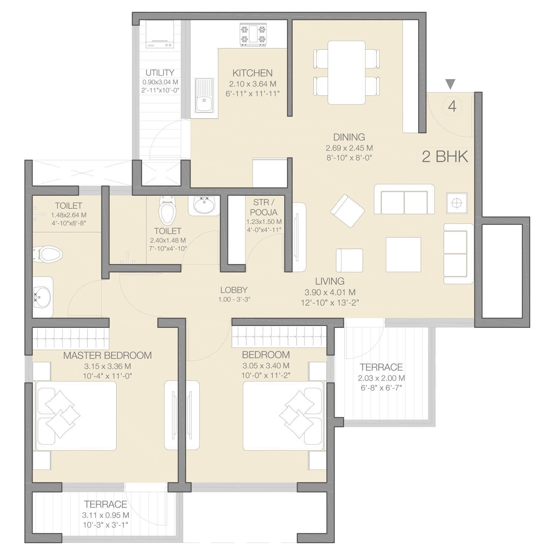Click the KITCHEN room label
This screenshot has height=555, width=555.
252,73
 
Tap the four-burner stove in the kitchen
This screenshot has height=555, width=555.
253,35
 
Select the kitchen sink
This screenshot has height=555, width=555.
204,96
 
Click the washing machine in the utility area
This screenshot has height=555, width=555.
160,34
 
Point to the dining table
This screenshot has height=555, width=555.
347,73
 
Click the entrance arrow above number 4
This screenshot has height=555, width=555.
450,84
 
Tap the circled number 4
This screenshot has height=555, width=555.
452,107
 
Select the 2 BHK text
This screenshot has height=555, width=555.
445,157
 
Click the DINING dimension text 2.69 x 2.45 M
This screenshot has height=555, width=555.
349,148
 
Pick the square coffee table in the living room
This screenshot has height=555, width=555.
403,255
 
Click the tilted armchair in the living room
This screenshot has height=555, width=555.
347,211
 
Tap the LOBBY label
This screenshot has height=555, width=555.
234,290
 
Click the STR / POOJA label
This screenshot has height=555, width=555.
264,208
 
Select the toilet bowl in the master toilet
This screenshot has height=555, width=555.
47,254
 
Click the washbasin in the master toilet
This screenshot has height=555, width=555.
42,297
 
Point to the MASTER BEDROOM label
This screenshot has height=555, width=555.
107,356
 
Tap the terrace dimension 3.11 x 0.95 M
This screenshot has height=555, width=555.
106,515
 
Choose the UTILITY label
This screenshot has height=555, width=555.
160,73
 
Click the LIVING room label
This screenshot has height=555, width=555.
330,281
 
